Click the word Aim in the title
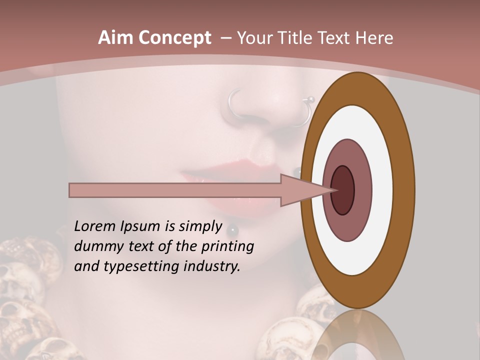[x=115, y=38]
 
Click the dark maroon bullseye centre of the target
[x=343, y=190]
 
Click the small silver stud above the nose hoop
[x=310, y=98]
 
